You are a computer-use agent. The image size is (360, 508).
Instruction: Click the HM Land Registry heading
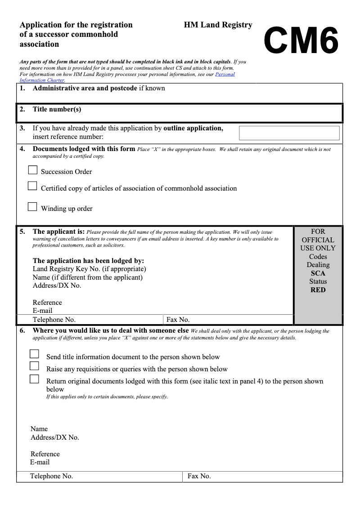pos(218,25)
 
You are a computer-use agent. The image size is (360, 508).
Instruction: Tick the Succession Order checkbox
pos(32,170)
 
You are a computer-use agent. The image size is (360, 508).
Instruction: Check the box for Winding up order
pos(32,207)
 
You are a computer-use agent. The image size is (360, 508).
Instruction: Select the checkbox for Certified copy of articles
pos(32,186)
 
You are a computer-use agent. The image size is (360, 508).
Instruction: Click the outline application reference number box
pos(289,133)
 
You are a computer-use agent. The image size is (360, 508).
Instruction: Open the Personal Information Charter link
pos(225,74)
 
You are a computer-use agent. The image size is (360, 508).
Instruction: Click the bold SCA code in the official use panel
pos(318,273)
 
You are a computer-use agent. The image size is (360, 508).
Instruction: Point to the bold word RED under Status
pos(318,290)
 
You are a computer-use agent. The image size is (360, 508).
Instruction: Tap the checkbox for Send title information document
pos(35,354)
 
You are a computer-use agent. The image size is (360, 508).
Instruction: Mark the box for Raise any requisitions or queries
pos(35,366)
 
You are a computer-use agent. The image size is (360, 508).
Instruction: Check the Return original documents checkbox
pos(35,379)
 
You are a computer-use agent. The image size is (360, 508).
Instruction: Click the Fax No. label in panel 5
pos(178,320)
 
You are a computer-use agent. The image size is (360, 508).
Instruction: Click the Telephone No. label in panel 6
pos(51,476)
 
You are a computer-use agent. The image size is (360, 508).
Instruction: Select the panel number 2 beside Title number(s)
pos(22,109)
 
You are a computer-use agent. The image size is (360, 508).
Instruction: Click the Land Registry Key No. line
pos(89,269)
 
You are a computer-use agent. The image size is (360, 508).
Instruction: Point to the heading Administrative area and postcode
pos(85,88)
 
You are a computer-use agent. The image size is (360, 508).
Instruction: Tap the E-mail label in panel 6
pos(40,462)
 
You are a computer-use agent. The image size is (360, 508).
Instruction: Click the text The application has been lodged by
pos(88,261)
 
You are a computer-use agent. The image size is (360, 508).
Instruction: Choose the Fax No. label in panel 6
pos(199,476)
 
